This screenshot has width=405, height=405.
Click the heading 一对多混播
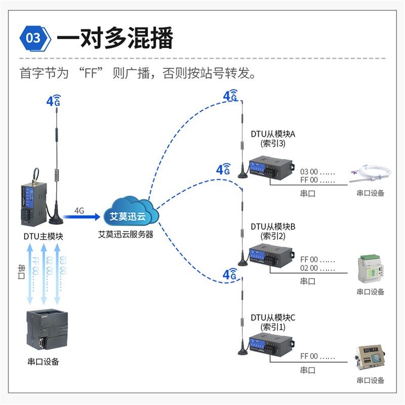[115, 38]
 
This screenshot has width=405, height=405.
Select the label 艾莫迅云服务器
[126, 235]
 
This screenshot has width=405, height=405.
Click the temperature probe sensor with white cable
[371, 173]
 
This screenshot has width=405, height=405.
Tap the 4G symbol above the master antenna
[53, 100]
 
